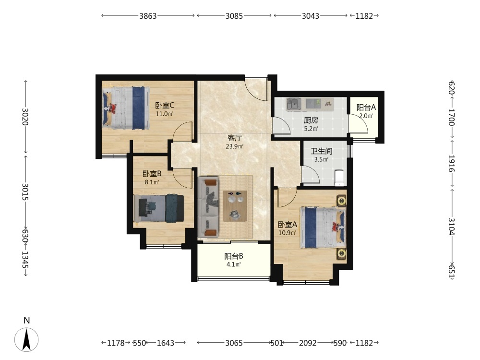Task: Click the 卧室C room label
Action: [x=165, y=106]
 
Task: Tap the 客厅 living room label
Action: [x=235, y=138]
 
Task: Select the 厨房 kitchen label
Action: [x=311, y=120]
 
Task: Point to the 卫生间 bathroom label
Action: [x=322, y=151]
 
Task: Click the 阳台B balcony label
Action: [x=234, y=256]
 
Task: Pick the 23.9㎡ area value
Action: [x=235, y=146]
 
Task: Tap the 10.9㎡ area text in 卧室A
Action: [x=287, y=233]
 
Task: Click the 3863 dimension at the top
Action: [x=148, y=16]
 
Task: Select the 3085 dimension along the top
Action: [x=234, y=16]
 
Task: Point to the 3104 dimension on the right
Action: [x=452, y=226]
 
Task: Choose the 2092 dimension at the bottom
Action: [x=308, y=343]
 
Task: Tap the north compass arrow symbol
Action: [x=26, y=339]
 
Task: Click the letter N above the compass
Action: [x=26, y=321]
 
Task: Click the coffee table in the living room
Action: [x=235, y=206]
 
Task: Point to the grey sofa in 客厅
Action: [x=208, y=207]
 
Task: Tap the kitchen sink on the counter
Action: [x=294, y=105]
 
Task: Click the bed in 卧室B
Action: [x=159, y=208]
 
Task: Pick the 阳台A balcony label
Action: [x=366, y=108]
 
